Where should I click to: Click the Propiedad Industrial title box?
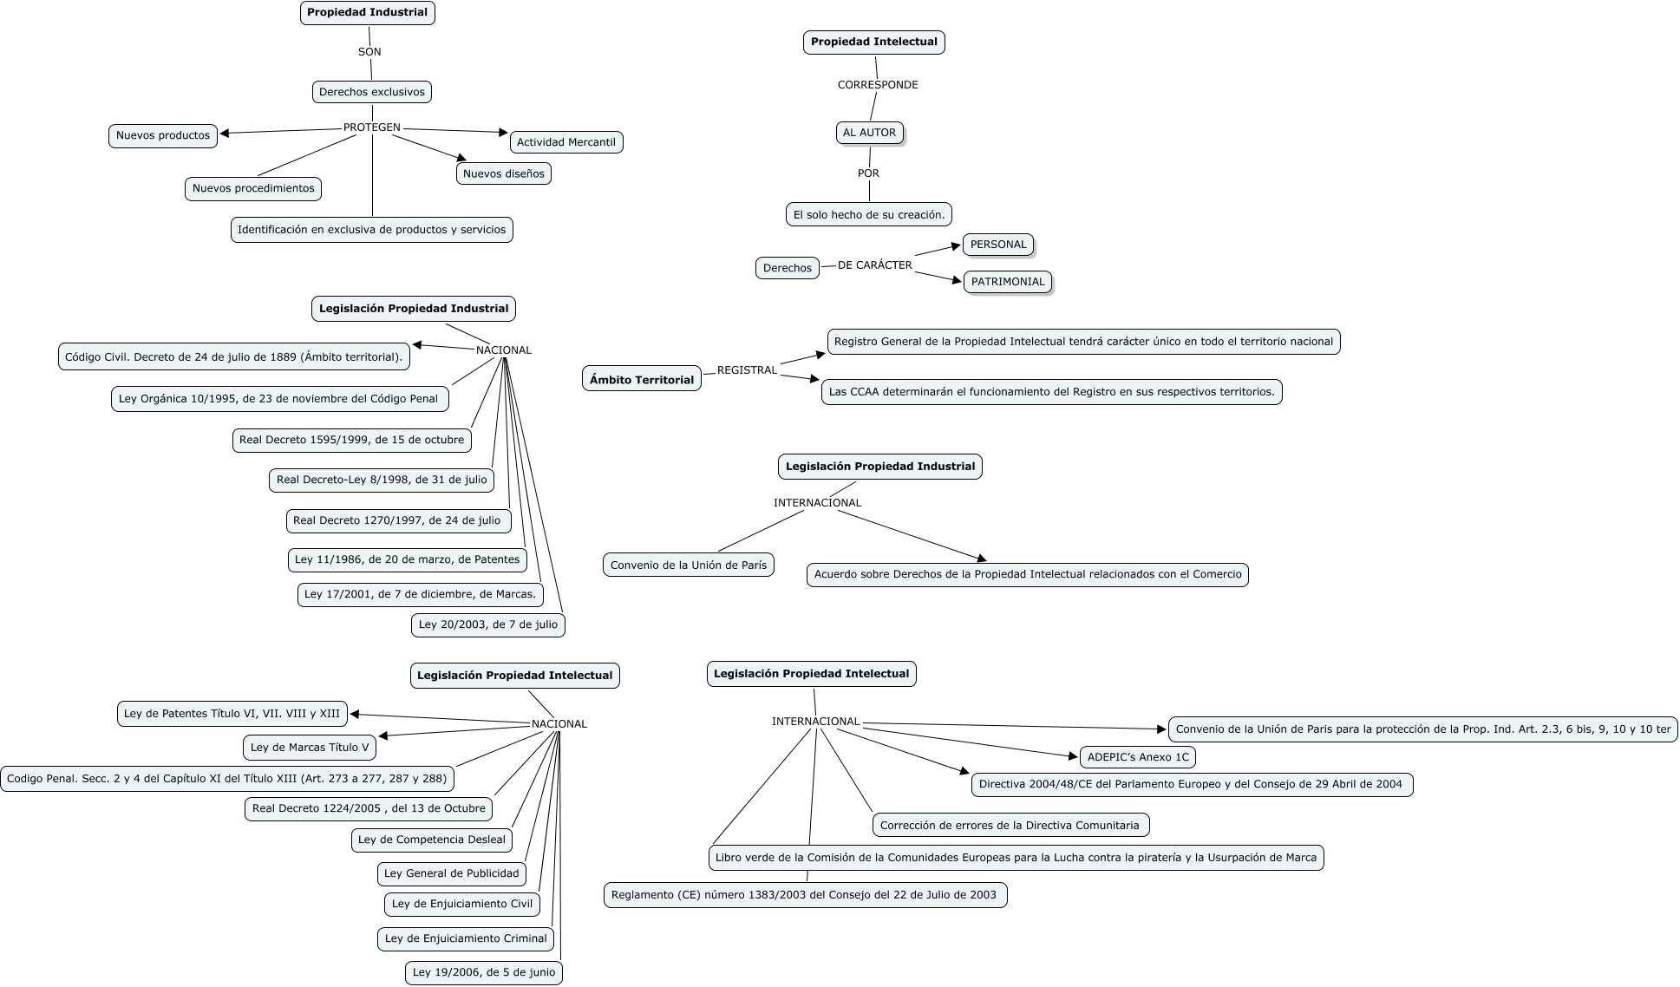click(367, 13)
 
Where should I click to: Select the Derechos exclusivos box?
click(371, 92)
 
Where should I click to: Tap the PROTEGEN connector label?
click(372, 127)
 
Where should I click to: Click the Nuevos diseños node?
click(503, 173)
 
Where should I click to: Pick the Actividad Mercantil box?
click(565, 142)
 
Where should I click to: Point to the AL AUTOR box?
click(869, 133)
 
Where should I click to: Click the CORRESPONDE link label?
click(877, 85)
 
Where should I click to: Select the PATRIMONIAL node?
click(1007, 282)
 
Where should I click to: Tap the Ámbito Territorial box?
click(641, 380)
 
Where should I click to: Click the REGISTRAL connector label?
click(747, 370)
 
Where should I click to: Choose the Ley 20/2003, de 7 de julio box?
click(487, 624)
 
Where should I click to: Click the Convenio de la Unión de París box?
click(688, 565)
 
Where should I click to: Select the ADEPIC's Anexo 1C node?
click(1137, 757)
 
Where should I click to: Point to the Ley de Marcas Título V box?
click(309, 748)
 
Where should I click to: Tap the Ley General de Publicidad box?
click(451, 873)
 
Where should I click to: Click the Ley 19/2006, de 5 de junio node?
click(483, 972)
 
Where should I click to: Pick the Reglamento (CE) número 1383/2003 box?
click(804, 895)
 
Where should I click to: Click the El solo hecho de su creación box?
click(868, 214)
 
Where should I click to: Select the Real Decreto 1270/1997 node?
click(397, 521)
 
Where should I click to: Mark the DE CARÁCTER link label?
click(874, 265)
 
